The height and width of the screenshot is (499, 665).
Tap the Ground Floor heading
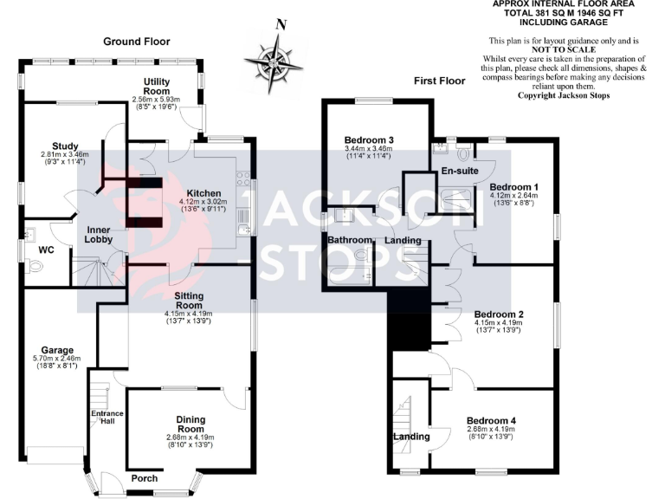pyautogui.click(x=137, y=42)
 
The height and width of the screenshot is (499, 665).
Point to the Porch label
pyautogui.click(x=145, y=478)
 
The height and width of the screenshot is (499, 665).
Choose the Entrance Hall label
pyautogui.click(x=107, y=418)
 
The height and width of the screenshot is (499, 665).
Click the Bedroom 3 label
pyautogui.click(x=369, y=140)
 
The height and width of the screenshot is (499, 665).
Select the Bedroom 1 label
pyautogui.click(x=514, y=187)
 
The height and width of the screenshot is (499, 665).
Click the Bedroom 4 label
pyautogui.click(x=491, y=421)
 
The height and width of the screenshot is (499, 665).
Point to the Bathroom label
pyautogui.click(x=349, y=239)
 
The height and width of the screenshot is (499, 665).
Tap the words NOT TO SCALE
pyautogui.click(x=564, y=49)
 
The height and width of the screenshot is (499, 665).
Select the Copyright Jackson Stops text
pyautogui.click(x=564, y=94)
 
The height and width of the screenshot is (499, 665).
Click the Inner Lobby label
pyautogui.click(x=100, y=234)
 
